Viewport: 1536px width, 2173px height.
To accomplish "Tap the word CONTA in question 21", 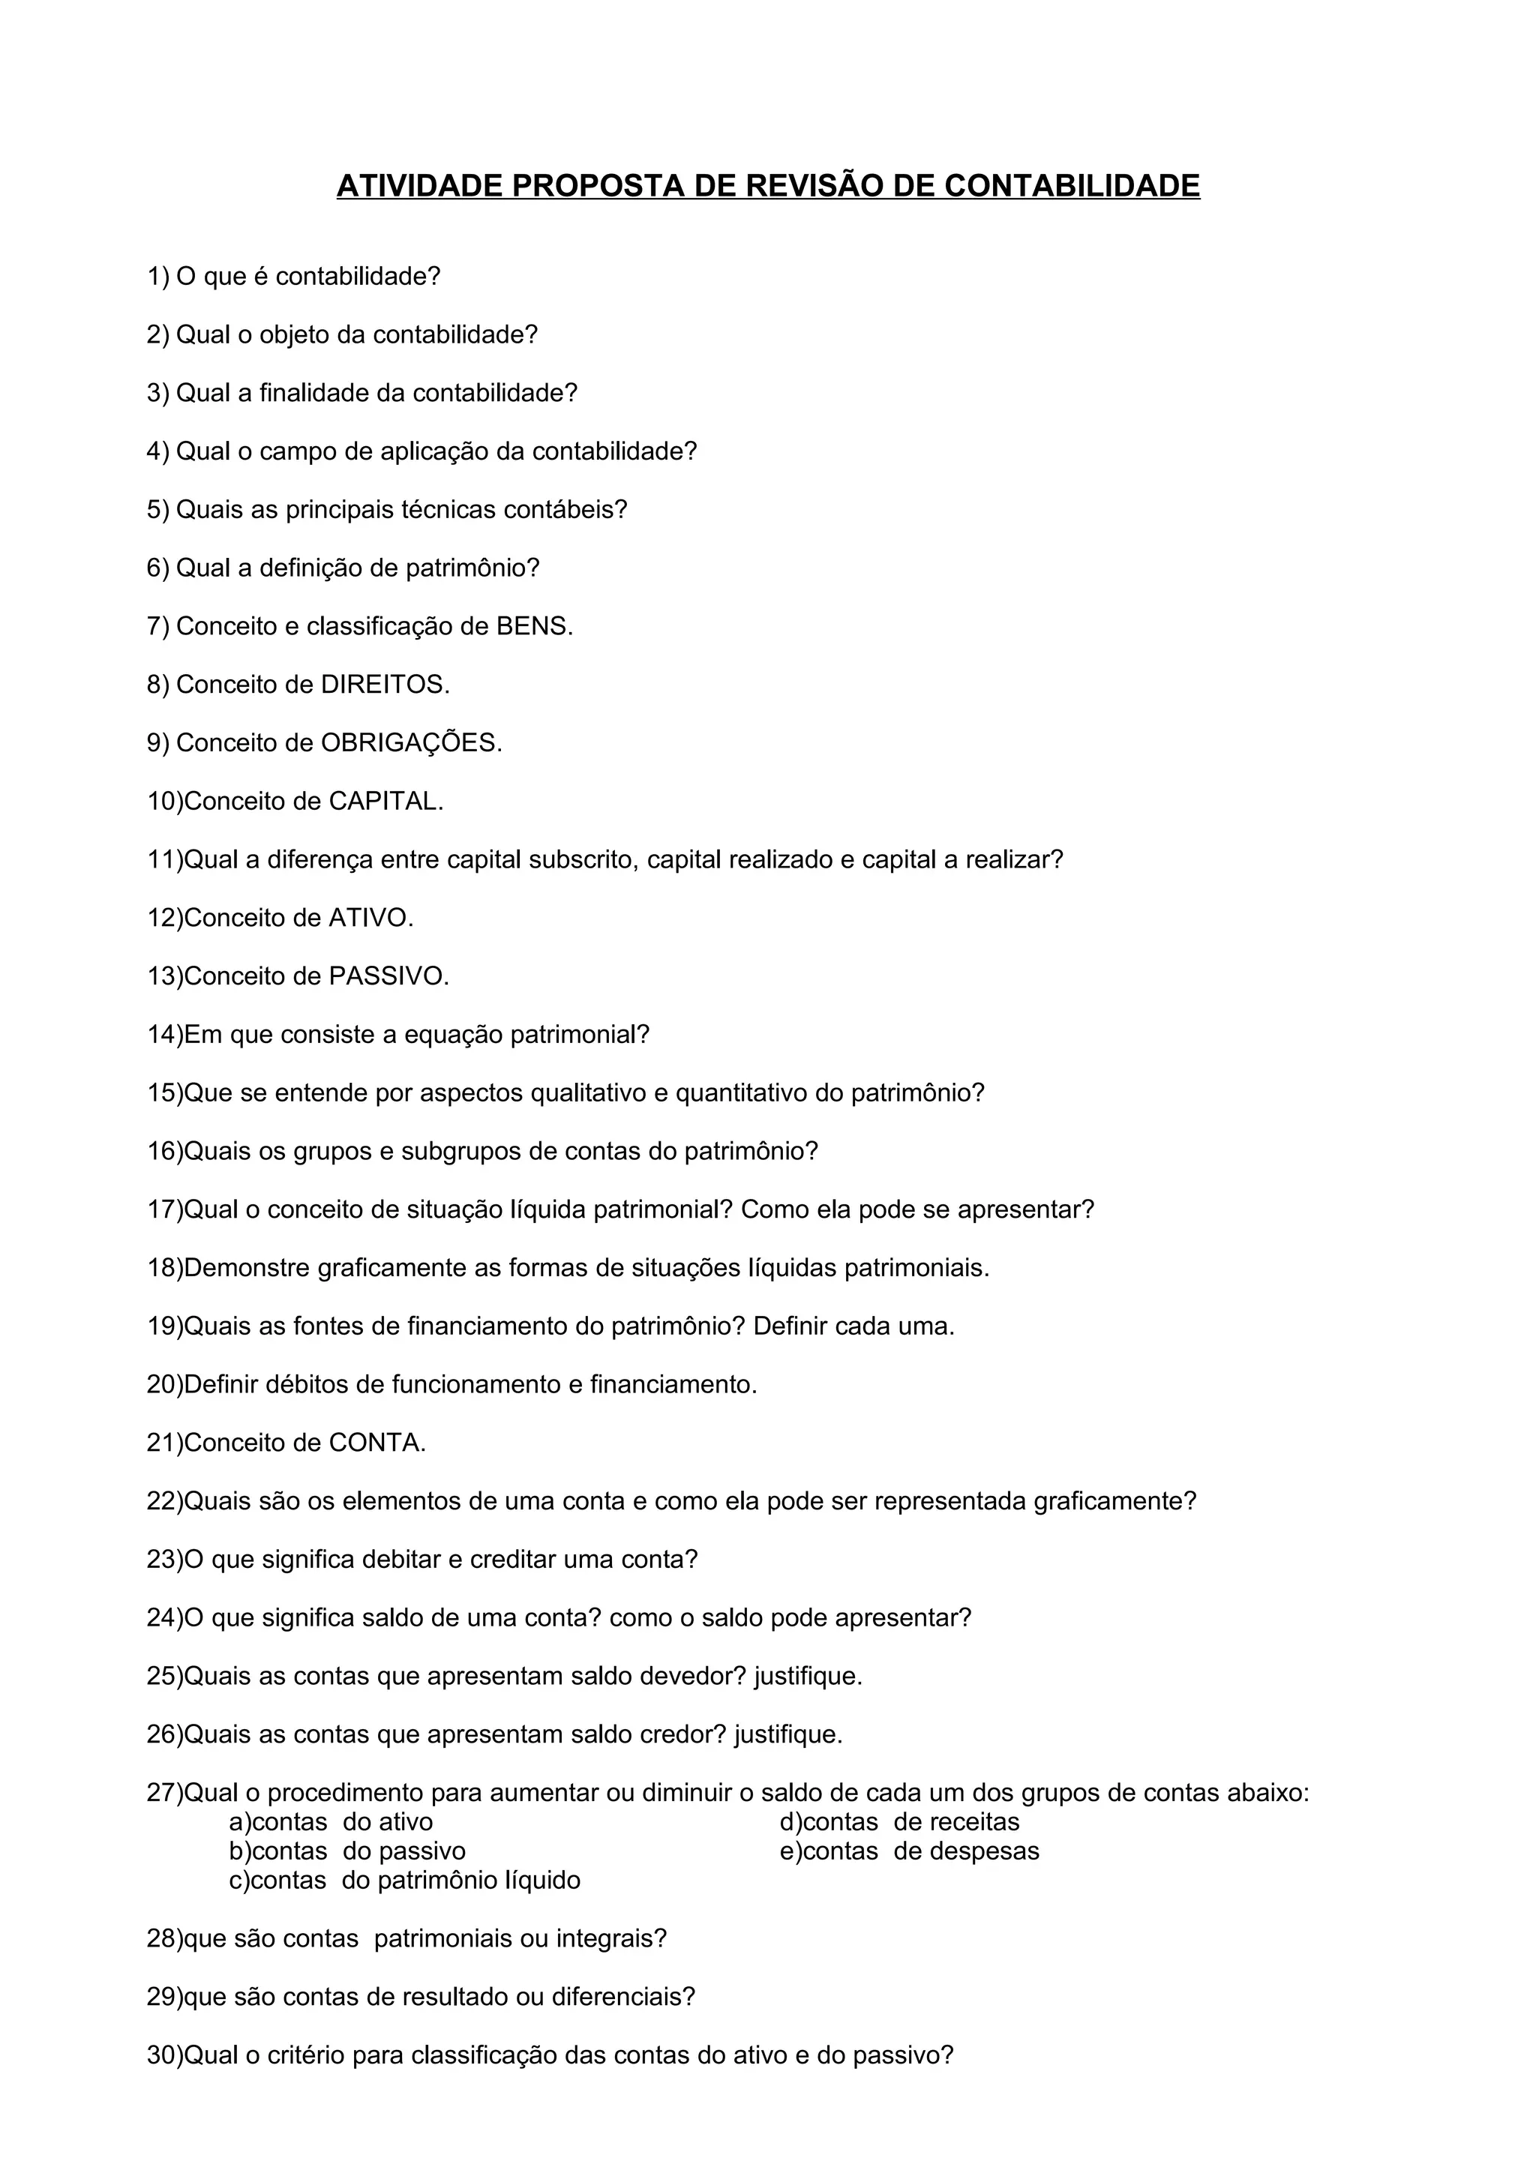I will click(x=373, y=1443).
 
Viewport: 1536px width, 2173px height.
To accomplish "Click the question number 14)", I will click(x=165, y=1035).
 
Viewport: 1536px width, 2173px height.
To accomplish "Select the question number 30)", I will click(x=165, y=2055).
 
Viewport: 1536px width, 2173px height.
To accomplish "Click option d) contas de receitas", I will click(x=899, y=1822).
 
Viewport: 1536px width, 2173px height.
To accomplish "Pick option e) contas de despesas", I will click(x=908, y=1851).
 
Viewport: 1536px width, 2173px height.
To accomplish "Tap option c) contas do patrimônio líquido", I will click(x=404, y=1881).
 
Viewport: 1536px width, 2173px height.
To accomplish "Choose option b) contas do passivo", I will click(x=347, y=1851).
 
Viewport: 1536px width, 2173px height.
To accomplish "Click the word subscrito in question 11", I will click(x=581, y=860).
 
